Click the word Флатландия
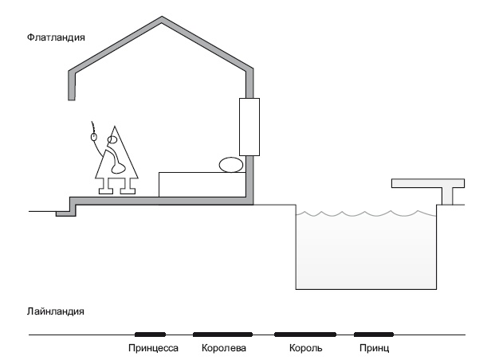click(56, 37)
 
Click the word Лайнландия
click(56, 311)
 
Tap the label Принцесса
click(152, 348)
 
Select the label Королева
click(224, 348)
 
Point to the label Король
click(305, 348)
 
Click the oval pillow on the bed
click(232, 165)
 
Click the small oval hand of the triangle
click(94, 137)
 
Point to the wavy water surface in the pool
click(366, 213)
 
